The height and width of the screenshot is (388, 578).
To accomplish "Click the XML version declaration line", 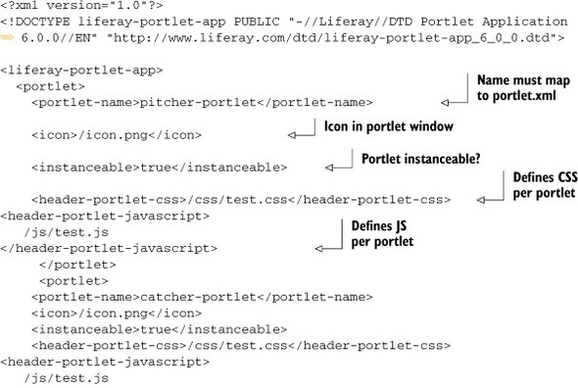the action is [x=82, y=6].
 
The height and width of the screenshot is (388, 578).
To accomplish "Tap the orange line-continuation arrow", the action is [x=8, y=37].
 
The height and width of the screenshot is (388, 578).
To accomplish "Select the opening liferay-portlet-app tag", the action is [x=82, y=71].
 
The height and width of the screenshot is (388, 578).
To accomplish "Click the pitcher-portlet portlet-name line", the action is [x=202, y=102].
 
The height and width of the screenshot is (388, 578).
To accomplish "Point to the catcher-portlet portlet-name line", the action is [x=202, y=297].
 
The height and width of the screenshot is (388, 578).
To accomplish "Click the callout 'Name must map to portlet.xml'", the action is [x=523, y=88].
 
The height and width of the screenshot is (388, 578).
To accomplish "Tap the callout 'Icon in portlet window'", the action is [x=389, y=126].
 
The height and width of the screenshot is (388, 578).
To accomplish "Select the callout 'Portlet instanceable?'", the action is [x=421, y=159].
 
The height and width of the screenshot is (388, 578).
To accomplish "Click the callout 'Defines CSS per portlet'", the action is [x=545, y=185].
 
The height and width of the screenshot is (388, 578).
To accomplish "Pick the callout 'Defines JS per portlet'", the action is [x=382, y=234].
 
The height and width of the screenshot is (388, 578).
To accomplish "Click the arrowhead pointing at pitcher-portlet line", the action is [x=445, y=103].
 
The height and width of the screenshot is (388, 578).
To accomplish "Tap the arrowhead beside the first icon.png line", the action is [x=292, y=135].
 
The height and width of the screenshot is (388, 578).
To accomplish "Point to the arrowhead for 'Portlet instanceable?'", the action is [x=329, y=168].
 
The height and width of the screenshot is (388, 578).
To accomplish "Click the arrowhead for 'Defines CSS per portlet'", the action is [x=481, y=200].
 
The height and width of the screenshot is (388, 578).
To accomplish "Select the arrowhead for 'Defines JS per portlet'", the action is [x=319, y=249].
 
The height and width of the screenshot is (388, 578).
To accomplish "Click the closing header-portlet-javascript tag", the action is [x=109, y=248].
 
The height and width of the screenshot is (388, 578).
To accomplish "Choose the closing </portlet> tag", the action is [x=77, y=265].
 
